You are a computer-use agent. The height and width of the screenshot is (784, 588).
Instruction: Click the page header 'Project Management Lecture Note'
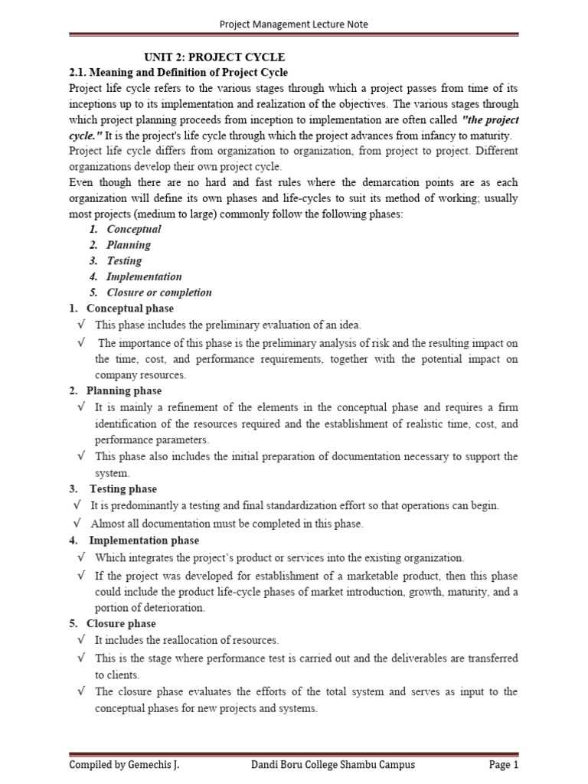pyautogui.click(x=294, y=24)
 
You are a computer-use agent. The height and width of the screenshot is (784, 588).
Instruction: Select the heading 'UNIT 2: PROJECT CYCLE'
pyautogui.click(x=215, y=57)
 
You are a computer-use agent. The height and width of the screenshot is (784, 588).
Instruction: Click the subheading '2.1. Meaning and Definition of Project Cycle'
pyautogui.click(x=178, y=72)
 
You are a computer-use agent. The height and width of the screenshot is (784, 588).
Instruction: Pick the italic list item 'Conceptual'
pyautogui.click(x=134, y=229)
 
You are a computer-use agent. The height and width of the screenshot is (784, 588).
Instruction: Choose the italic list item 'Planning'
pyautogui.click(x=129, y=245)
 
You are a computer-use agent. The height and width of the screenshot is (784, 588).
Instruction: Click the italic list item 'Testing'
pyautogui.click(x=124, y=261)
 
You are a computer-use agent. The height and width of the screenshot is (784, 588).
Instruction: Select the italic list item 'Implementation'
pyautogui.click(x=144, y=276)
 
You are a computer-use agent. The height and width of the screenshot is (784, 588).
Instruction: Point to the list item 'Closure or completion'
pyautogui.click(x=159, y=292)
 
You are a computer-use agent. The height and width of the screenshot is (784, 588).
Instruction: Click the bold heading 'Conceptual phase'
pyautogui.click(x=130, y=309)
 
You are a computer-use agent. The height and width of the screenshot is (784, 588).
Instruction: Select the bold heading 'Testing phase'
pyautogui.click(x=123, y=488)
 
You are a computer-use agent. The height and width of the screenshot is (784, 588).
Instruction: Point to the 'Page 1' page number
pyautogui.click(x=504, y=764)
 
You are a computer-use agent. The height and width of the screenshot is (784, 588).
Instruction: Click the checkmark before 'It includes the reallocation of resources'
pyautogui.click(x=81, y=639)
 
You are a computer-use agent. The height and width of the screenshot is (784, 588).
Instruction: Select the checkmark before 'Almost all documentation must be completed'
pyautogui.click(x=77, y=524)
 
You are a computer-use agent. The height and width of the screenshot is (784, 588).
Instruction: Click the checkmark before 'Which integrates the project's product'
pyautogui.click(x=81, y=557)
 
